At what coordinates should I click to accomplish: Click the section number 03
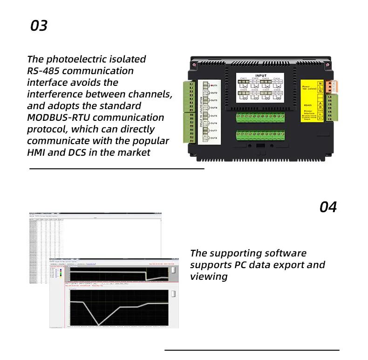coord(39,25)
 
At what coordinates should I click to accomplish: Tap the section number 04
coord(328,207)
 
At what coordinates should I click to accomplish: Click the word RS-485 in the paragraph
coord(44,71)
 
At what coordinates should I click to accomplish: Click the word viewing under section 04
coord(209,277)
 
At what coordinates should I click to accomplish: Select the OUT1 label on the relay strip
coord(214,86)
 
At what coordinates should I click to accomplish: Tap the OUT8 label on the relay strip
coord(214,138)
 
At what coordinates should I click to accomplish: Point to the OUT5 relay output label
coord(214,116)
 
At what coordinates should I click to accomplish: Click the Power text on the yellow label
coord(306,87)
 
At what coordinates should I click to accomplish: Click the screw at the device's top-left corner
coord(193,60)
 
